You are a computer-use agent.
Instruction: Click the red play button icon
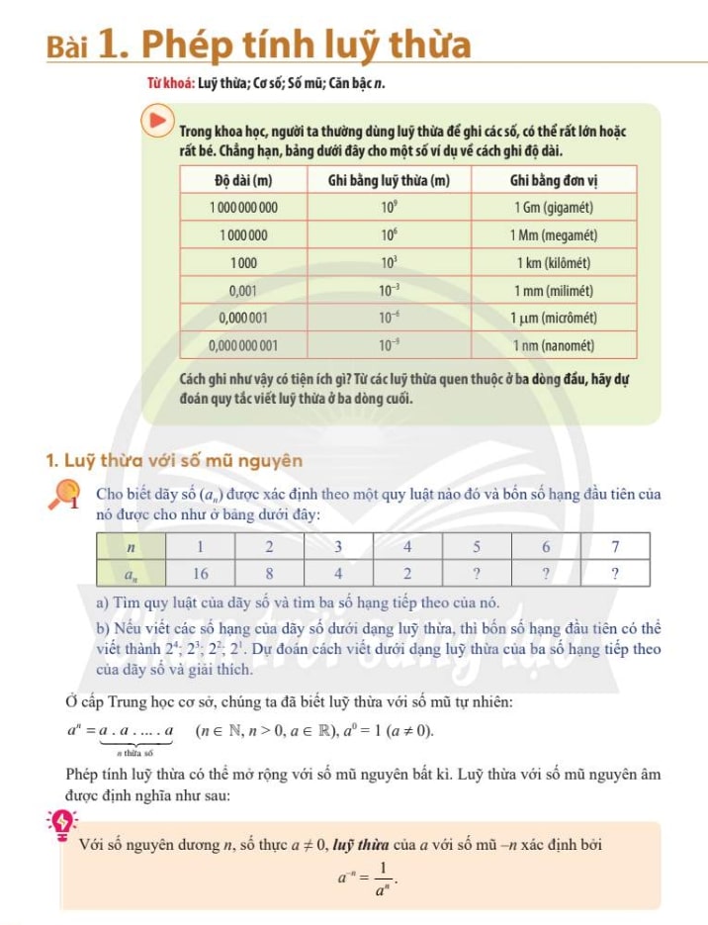pos(158,123)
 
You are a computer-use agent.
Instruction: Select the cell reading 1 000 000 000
pos(243,208)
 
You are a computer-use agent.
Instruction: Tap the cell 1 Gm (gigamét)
pos(553,208)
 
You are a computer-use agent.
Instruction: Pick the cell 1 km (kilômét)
pos(553,263)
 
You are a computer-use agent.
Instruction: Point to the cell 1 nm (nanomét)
pos(553,345)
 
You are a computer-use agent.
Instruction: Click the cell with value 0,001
pos(243,291)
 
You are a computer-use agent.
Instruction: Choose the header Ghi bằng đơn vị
pos(553,180)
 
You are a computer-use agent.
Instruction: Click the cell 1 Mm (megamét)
pos(553,235)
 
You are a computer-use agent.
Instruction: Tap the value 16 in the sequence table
pos(200,573)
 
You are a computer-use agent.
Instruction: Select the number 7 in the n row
pos(615,546)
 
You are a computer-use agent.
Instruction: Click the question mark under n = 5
pos(477,573)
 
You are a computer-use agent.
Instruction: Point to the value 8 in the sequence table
pos(269,573)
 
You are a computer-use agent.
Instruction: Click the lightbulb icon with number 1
pos(67,496)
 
